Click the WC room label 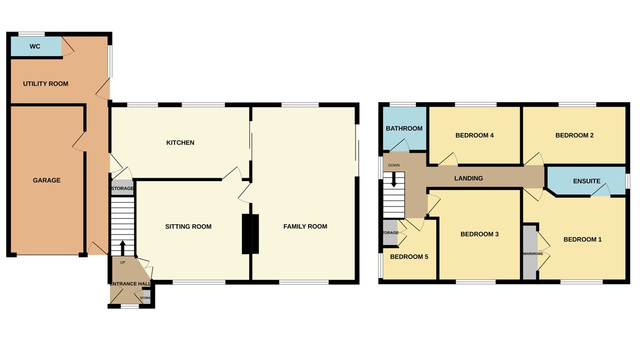tap(35, 46)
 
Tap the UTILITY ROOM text tap(45, 83)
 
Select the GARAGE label tap(46, 180)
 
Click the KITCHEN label tap(180, 142)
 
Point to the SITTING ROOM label tap(188, 226)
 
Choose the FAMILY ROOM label tap(305, 226)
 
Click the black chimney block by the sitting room tap(250, 234)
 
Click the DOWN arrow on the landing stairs tap(394, 179)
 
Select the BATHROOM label tap(404, 128)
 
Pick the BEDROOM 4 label tap(474, 135)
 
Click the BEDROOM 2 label tap(574, 135)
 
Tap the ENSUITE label tap(586, 181)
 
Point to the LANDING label tap(468, 178)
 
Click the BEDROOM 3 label tap(479, 234)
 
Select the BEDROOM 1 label tap(582, 239)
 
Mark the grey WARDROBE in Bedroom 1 tap(529, 253)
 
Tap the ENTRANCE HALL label tap(130, 284)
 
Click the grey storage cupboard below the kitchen tap(122, 188)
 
